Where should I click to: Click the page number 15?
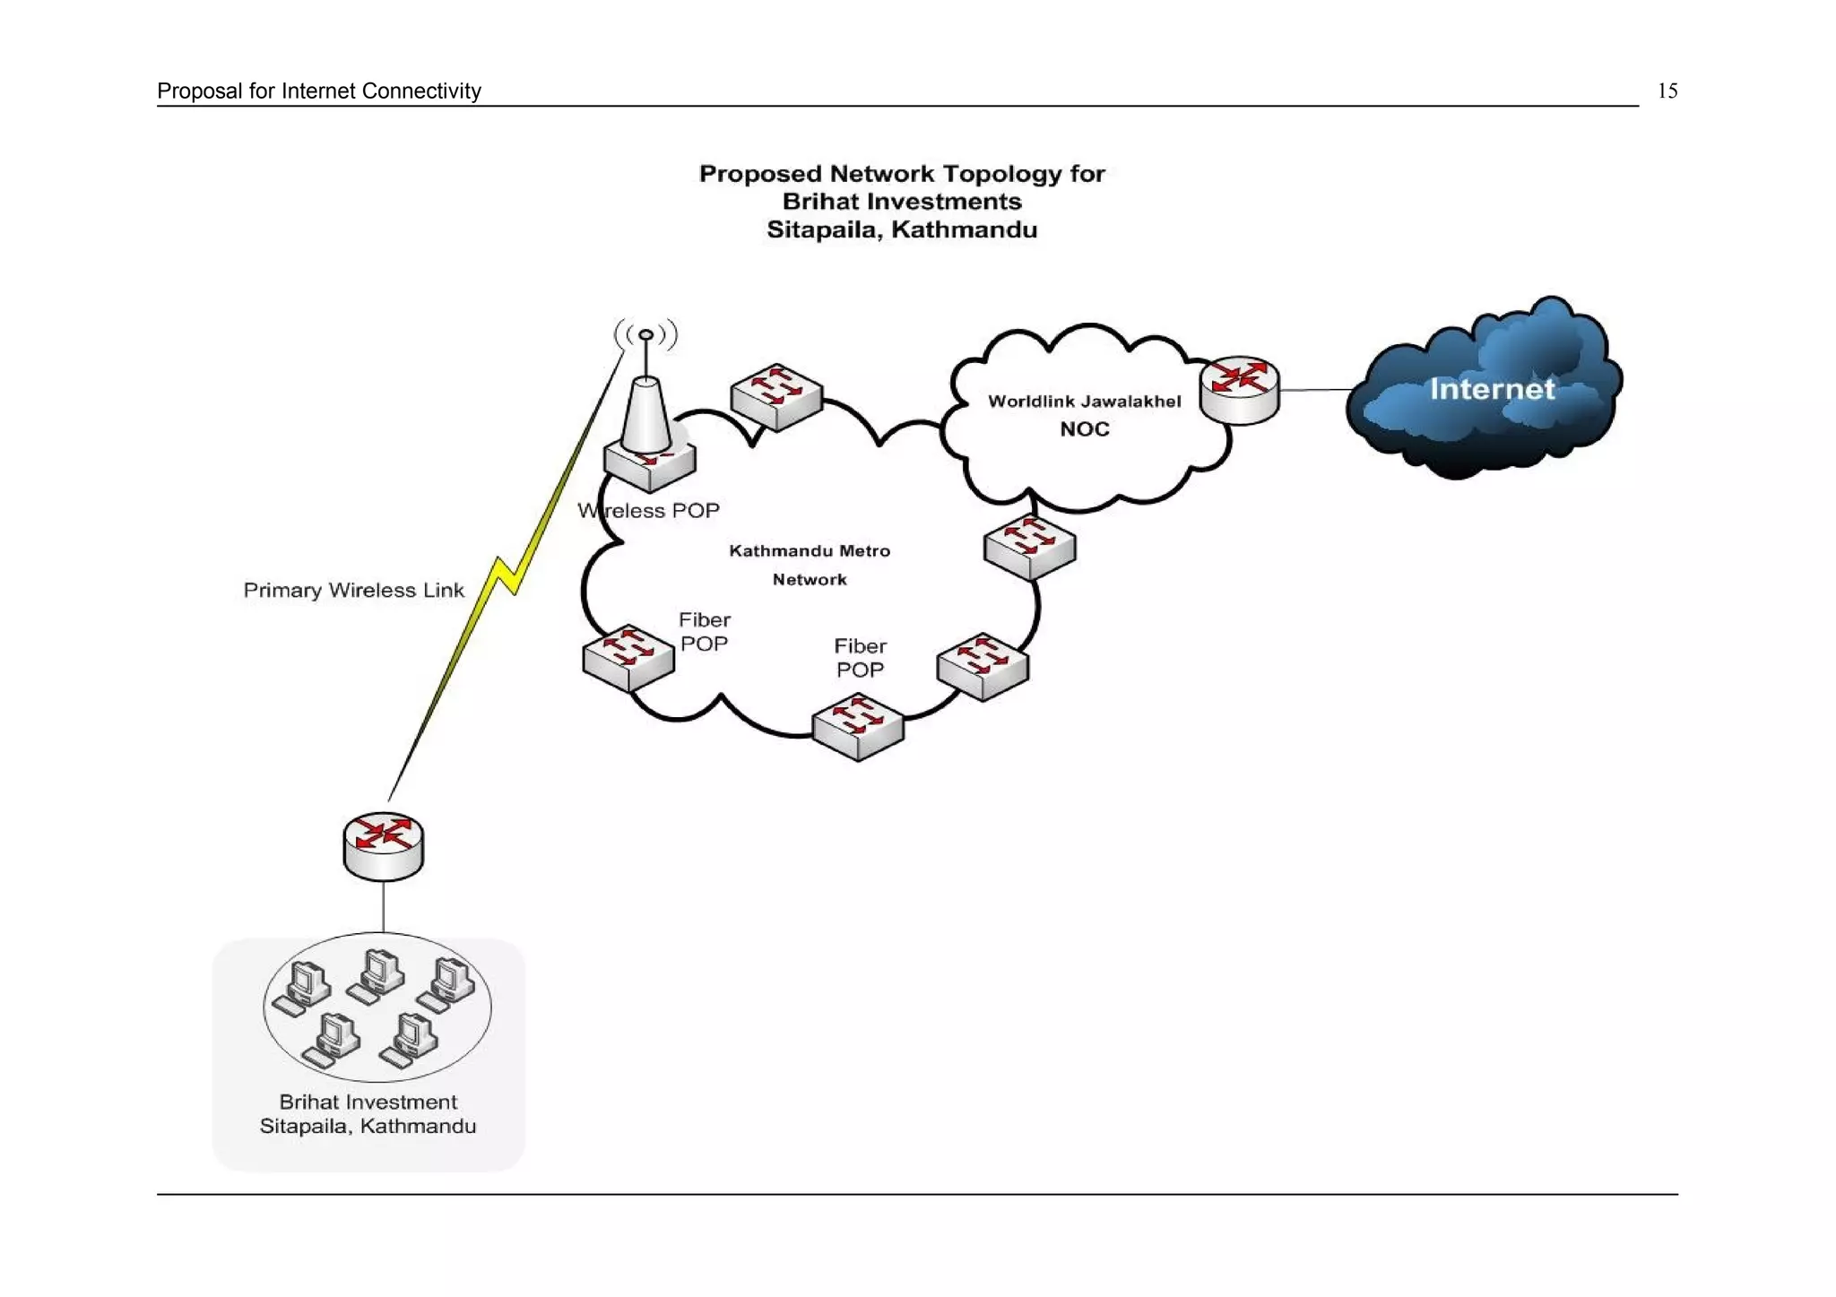pyautogui.click(x=1667, y=91)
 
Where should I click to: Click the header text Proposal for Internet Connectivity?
pyautogui.click(x=318, y=91)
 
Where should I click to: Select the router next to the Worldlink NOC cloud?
pyautogui.click(x=1239, y=389)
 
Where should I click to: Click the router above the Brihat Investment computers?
pyautogui.click(x=383, y=845)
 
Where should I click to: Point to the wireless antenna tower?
pyautogui.click(x=645, y=403)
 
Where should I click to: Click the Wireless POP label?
pyautogui.click(x=648, y=511)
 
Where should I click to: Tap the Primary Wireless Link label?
pyautogui.click(x=353, y=590)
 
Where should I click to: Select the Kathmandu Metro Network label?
pyautogui.click(x=809, y=565)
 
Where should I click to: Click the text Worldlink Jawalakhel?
pyautogui.click(x=1084, y=402)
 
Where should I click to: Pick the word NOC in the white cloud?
pyautogui.click(x=1084, y=429)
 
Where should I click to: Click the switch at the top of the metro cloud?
pyautogui.click(x=775, y=396)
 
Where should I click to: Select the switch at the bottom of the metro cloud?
pyautogui.click(x=857, y=726)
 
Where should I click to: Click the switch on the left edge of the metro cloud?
pyautogui.click(x=628, y=657)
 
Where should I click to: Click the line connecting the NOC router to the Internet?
pyautogui.click(x=1315, y=390)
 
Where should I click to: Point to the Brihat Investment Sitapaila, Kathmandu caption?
pyautogui.click(x=368, y=1113)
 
